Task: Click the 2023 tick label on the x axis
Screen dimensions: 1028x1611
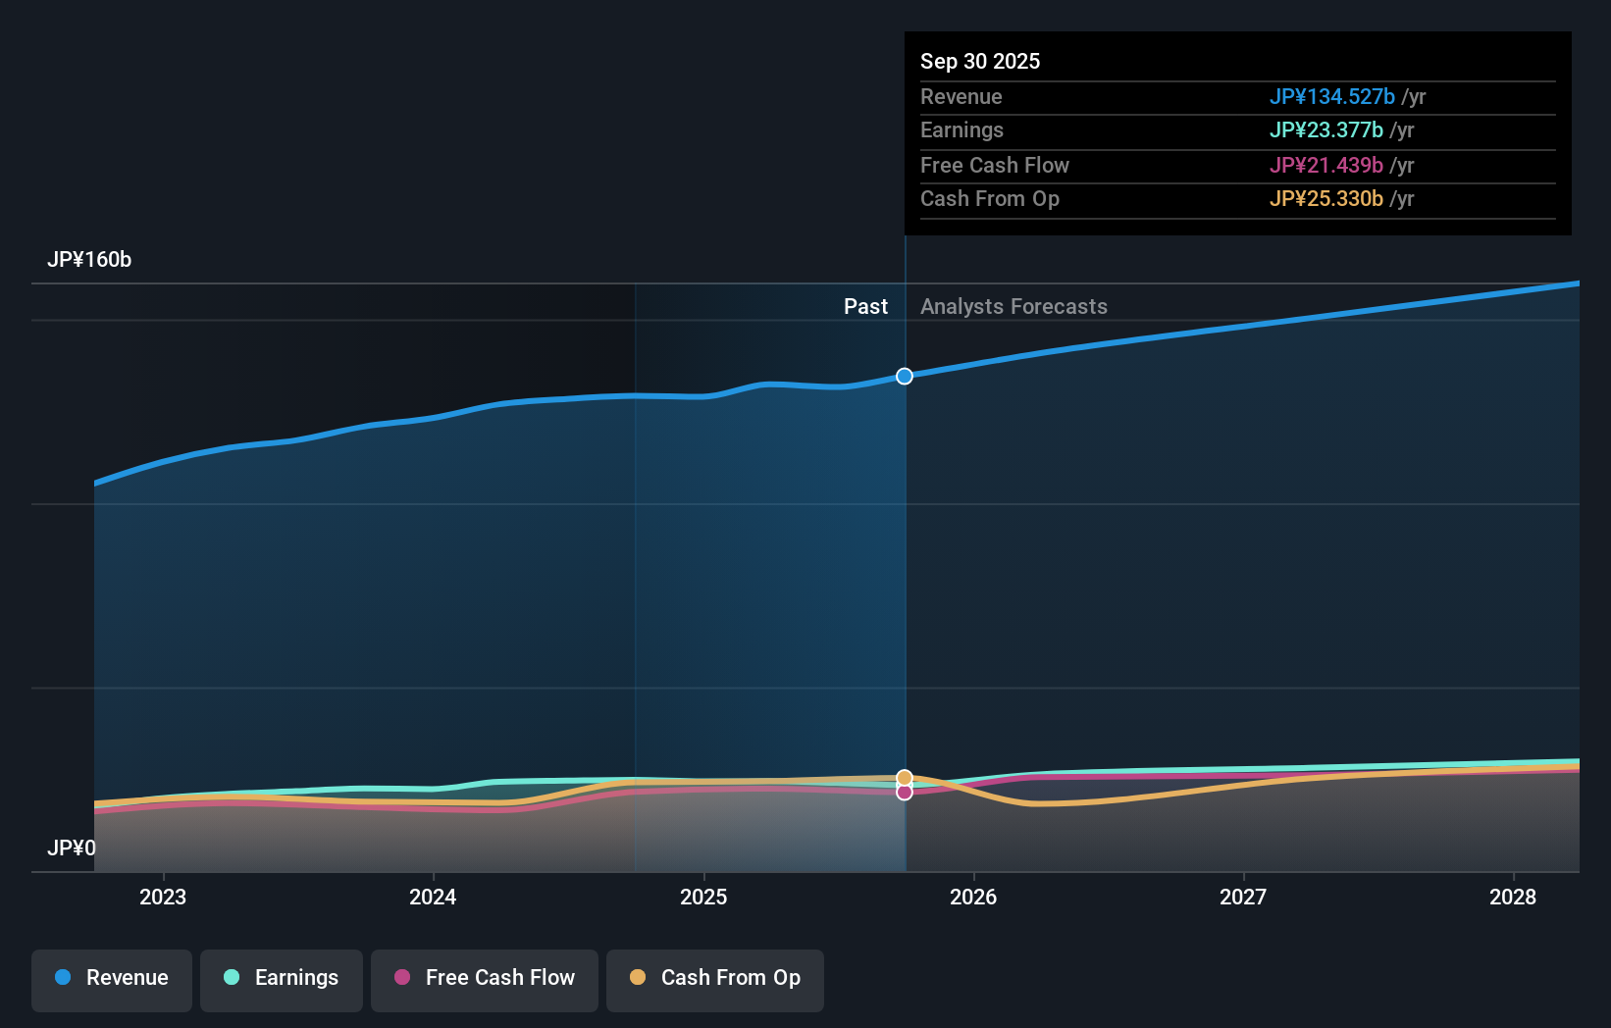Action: [163, 897]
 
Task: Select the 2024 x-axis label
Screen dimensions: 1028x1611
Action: [433, 897]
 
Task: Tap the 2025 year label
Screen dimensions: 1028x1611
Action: [703, 897]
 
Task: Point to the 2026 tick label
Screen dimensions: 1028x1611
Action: [973, 897]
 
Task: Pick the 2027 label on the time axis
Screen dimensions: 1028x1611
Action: [1243, 897]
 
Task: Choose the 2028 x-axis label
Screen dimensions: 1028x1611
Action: [1513, 897]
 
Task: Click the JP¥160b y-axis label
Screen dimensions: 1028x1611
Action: [89, 260]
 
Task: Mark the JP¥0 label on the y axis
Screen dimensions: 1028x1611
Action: [72, 848]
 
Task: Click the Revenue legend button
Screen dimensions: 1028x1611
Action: [112, 978]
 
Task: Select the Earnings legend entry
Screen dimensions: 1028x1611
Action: [282, 978]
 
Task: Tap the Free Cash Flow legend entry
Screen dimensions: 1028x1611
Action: [485, 978]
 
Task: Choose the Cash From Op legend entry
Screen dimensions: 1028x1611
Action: [715, 978]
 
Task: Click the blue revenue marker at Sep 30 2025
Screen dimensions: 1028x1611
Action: [905, 377]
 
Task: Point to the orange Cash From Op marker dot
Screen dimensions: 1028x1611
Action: [905, 778]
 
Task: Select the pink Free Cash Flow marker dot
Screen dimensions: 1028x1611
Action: [905, 792]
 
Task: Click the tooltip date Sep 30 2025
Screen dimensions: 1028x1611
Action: [980, 62]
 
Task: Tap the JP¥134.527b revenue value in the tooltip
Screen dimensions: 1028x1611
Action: [1331, 97]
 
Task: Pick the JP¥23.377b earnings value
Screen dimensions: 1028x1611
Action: [1325, 130]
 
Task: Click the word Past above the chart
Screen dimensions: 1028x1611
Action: [865, 307]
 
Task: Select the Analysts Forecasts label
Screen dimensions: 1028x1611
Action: [1013, 307]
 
